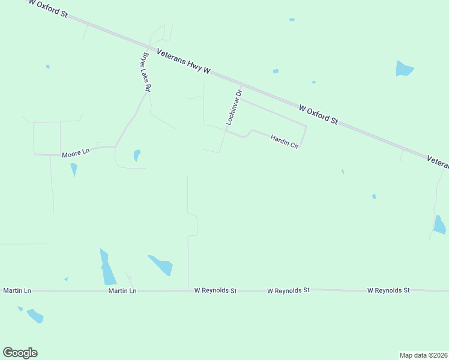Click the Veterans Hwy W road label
click(183, 62)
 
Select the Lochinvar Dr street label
click(234, 107)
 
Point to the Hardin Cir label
click(285, 141)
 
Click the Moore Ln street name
click(76, 154)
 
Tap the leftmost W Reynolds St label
click(215, 290)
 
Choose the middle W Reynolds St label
click(288, 290)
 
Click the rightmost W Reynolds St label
click(388, 290)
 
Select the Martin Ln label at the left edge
click(17, 290)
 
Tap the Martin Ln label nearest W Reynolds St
click(122, 290)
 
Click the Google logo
click(20, 353)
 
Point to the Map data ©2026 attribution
click(423, 355)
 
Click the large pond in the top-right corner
click(404, 69)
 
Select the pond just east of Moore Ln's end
click(137, 155)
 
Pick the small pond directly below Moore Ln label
click(74, 170)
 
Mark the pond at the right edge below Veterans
click(439, 224)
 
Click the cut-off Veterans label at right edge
click(438, 161)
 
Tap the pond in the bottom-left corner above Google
click(35, 316)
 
